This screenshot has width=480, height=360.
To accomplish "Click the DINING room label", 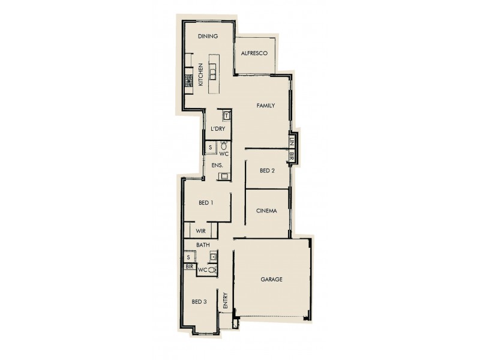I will (208, 37).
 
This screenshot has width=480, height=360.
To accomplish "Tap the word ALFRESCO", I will (254, 54).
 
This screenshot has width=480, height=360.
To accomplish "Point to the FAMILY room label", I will (265, 106).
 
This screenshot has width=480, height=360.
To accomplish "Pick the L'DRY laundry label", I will (217, 130).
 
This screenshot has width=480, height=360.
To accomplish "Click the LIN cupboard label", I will (292, 142).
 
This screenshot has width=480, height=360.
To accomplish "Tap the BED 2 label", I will (267, 170).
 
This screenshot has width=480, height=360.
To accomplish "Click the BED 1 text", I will (205, 203).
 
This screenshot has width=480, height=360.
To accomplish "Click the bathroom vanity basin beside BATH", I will (212, 257).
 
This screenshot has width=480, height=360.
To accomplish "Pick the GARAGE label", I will (271, 280).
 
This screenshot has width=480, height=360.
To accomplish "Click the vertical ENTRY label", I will (225, 300).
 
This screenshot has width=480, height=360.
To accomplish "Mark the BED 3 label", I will (200, 302).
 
